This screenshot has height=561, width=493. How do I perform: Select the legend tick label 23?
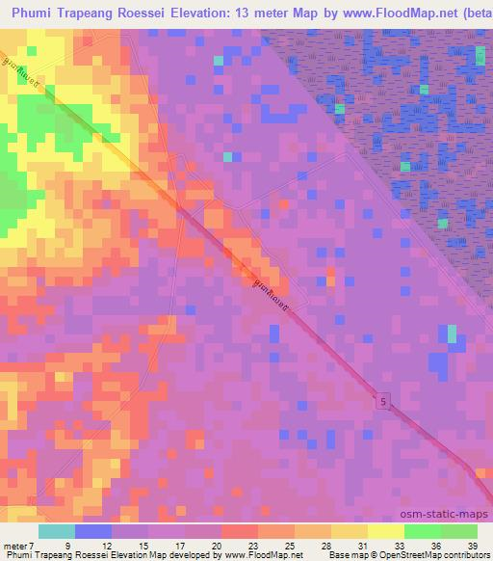(x=227, y=545)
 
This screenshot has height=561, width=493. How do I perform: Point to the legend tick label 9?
(x=66, y=545)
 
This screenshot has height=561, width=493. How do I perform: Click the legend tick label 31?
(x=336, y=545)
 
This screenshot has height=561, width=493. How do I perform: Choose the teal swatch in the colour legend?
(x=57, y=531)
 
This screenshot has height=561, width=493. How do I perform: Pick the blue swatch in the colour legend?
(x=93, y=531)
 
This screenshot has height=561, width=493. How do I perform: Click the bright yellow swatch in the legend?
(x=385, y=531)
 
